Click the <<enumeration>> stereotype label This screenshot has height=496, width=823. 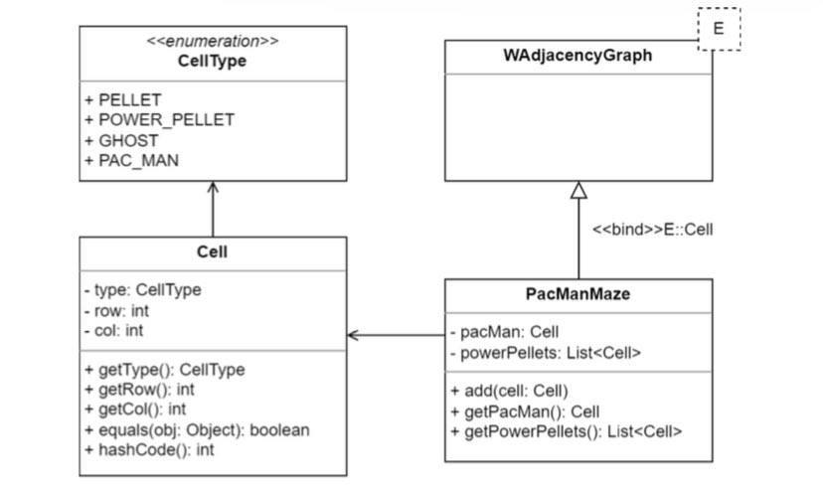[x=213, y=42]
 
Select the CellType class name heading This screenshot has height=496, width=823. [x=213, y=62]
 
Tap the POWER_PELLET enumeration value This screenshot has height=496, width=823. [x=159, y=120]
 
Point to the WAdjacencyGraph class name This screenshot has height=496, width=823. [x=577, y=57]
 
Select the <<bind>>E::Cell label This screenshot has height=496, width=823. [x=652, y=229]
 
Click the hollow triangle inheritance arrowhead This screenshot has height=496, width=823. [x=578, y=192]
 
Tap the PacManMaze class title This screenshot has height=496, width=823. [x=577, y=295]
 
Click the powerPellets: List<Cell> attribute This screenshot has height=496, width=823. [x=545, y=352]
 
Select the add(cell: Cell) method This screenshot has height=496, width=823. [x=509, y=391]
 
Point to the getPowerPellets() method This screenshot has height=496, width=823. [x=566, y=430]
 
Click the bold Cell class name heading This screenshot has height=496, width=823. [x=213, y=252]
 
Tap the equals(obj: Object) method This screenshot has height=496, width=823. [x=197, y=429]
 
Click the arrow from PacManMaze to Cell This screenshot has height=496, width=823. [x=396, y=335]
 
